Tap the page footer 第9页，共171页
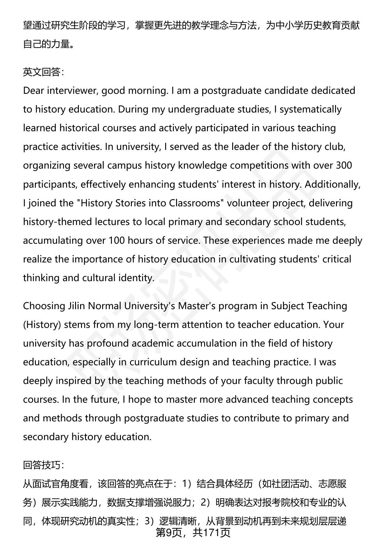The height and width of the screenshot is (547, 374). pos(193,533)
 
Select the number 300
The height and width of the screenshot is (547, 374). pos(344,165)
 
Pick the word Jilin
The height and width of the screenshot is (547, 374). pos(76,306)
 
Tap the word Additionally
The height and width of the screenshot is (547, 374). pos(333,184)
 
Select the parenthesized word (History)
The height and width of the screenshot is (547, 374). pos(42,324)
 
